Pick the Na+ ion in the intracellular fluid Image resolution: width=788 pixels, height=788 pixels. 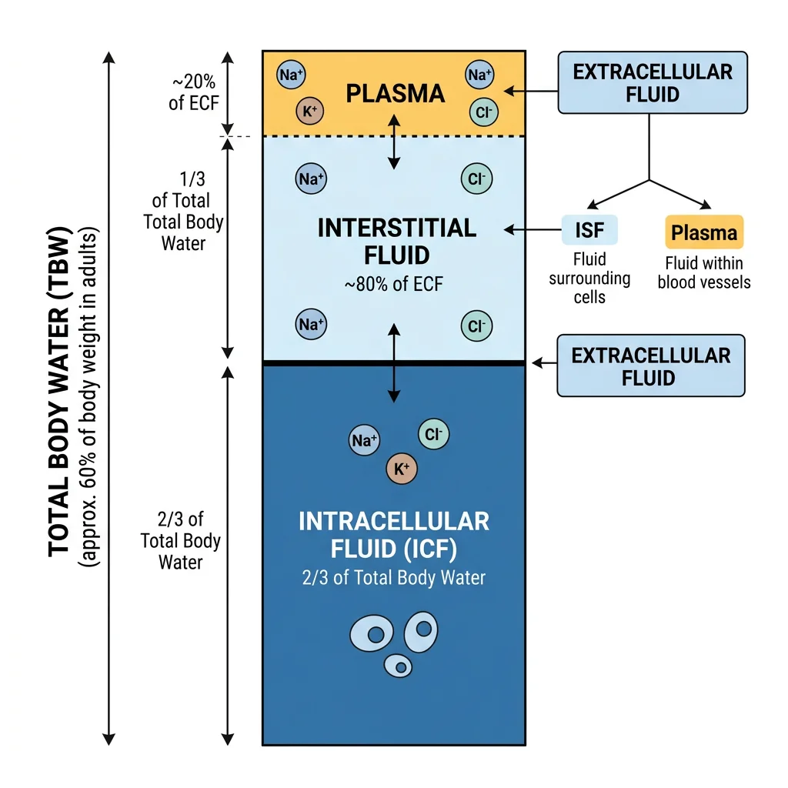(x=364, y=440)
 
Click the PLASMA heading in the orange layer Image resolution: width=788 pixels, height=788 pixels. (x=395, y=94)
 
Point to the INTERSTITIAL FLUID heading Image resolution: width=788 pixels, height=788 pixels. (x=396, y=241)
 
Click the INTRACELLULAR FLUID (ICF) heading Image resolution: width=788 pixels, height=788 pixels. (x=393, y=534)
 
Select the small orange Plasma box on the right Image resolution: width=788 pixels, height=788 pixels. (x=703, y=232)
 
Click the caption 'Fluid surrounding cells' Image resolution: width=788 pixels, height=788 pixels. (x=589, y=278)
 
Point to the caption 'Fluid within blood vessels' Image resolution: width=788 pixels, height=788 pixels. (x=703, y=273)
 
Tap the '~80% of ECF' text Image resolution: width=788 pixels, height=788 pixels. (x=393, y=285)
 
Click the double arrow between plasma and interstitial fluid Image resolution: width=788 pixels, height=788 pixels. (x=394, y=141)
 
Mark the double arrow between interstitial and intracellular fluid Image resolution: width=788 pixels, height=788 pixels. (x=394, y=362)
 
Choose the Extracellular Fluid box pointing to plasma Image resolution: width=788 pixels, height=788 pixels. (x=652, y=83)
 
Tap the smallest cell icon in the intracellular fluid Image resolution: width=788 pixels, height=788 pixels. (x=398, y=665)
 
